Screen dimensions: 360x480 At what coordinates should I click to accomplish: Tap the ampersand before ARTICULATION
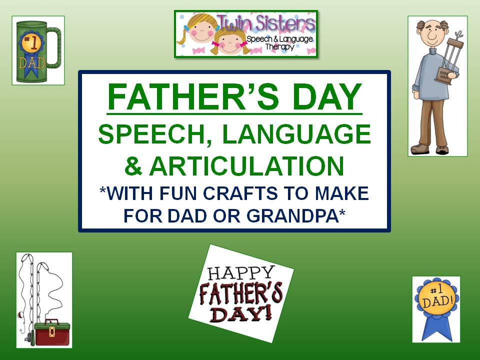coord(133,166)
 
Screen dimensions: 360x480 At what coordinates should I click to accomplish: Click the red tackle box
coord(52,332)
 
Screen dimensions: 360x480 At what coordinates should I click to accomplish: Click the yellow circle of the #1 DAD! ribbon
coord(436,299)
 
